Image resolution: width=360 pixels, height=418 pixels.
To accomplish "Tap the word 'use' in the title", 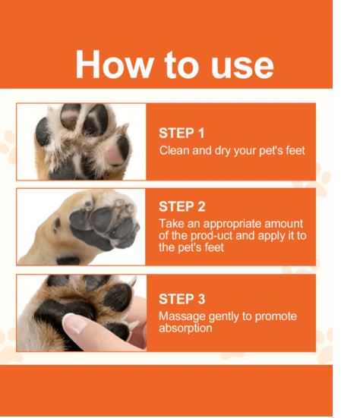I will point(242,65).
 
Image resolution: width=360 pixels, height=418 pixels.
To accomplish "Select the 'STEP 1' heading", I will point(182,134).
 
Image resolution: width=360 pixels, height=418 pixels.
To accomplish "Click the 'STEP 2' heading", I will point(182,206).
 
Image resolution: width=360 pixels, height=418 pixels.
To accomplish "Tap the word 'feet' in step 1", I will point(292,150).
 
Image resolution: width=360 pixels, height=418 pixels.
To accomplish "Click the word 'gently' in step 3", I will point(224,316).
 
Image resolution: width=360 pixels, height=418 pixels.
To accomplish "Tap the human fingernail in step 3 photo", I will point(77,325).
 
